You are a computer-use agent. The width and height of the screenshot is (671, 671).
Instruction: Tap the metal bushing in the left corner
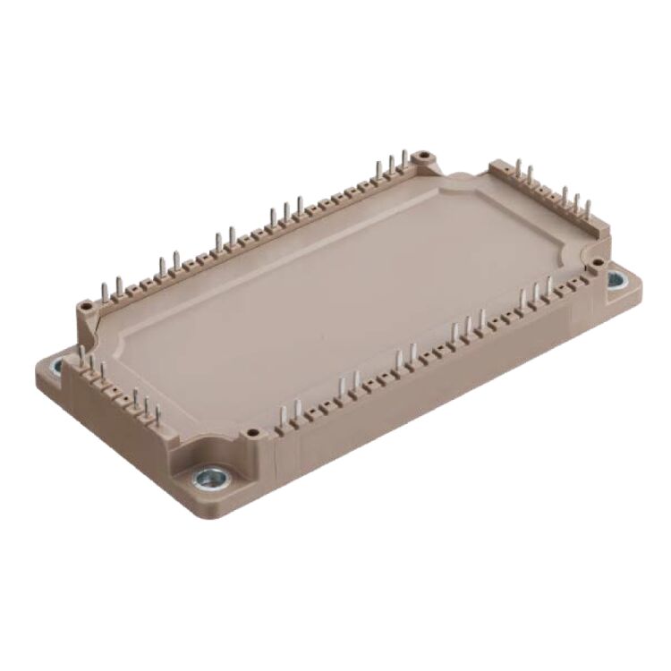(x=55, y=365)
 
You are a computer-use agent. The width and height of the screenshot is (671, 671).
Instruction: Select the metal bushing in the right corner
(x=616, y=279)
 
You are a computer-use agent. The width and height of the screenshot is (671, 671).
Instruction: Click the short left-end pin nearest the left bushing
(x=82, y=358)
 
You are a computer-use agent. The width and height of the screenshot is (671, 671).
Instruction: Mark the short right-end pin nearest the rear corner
(x=516, y=170)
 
